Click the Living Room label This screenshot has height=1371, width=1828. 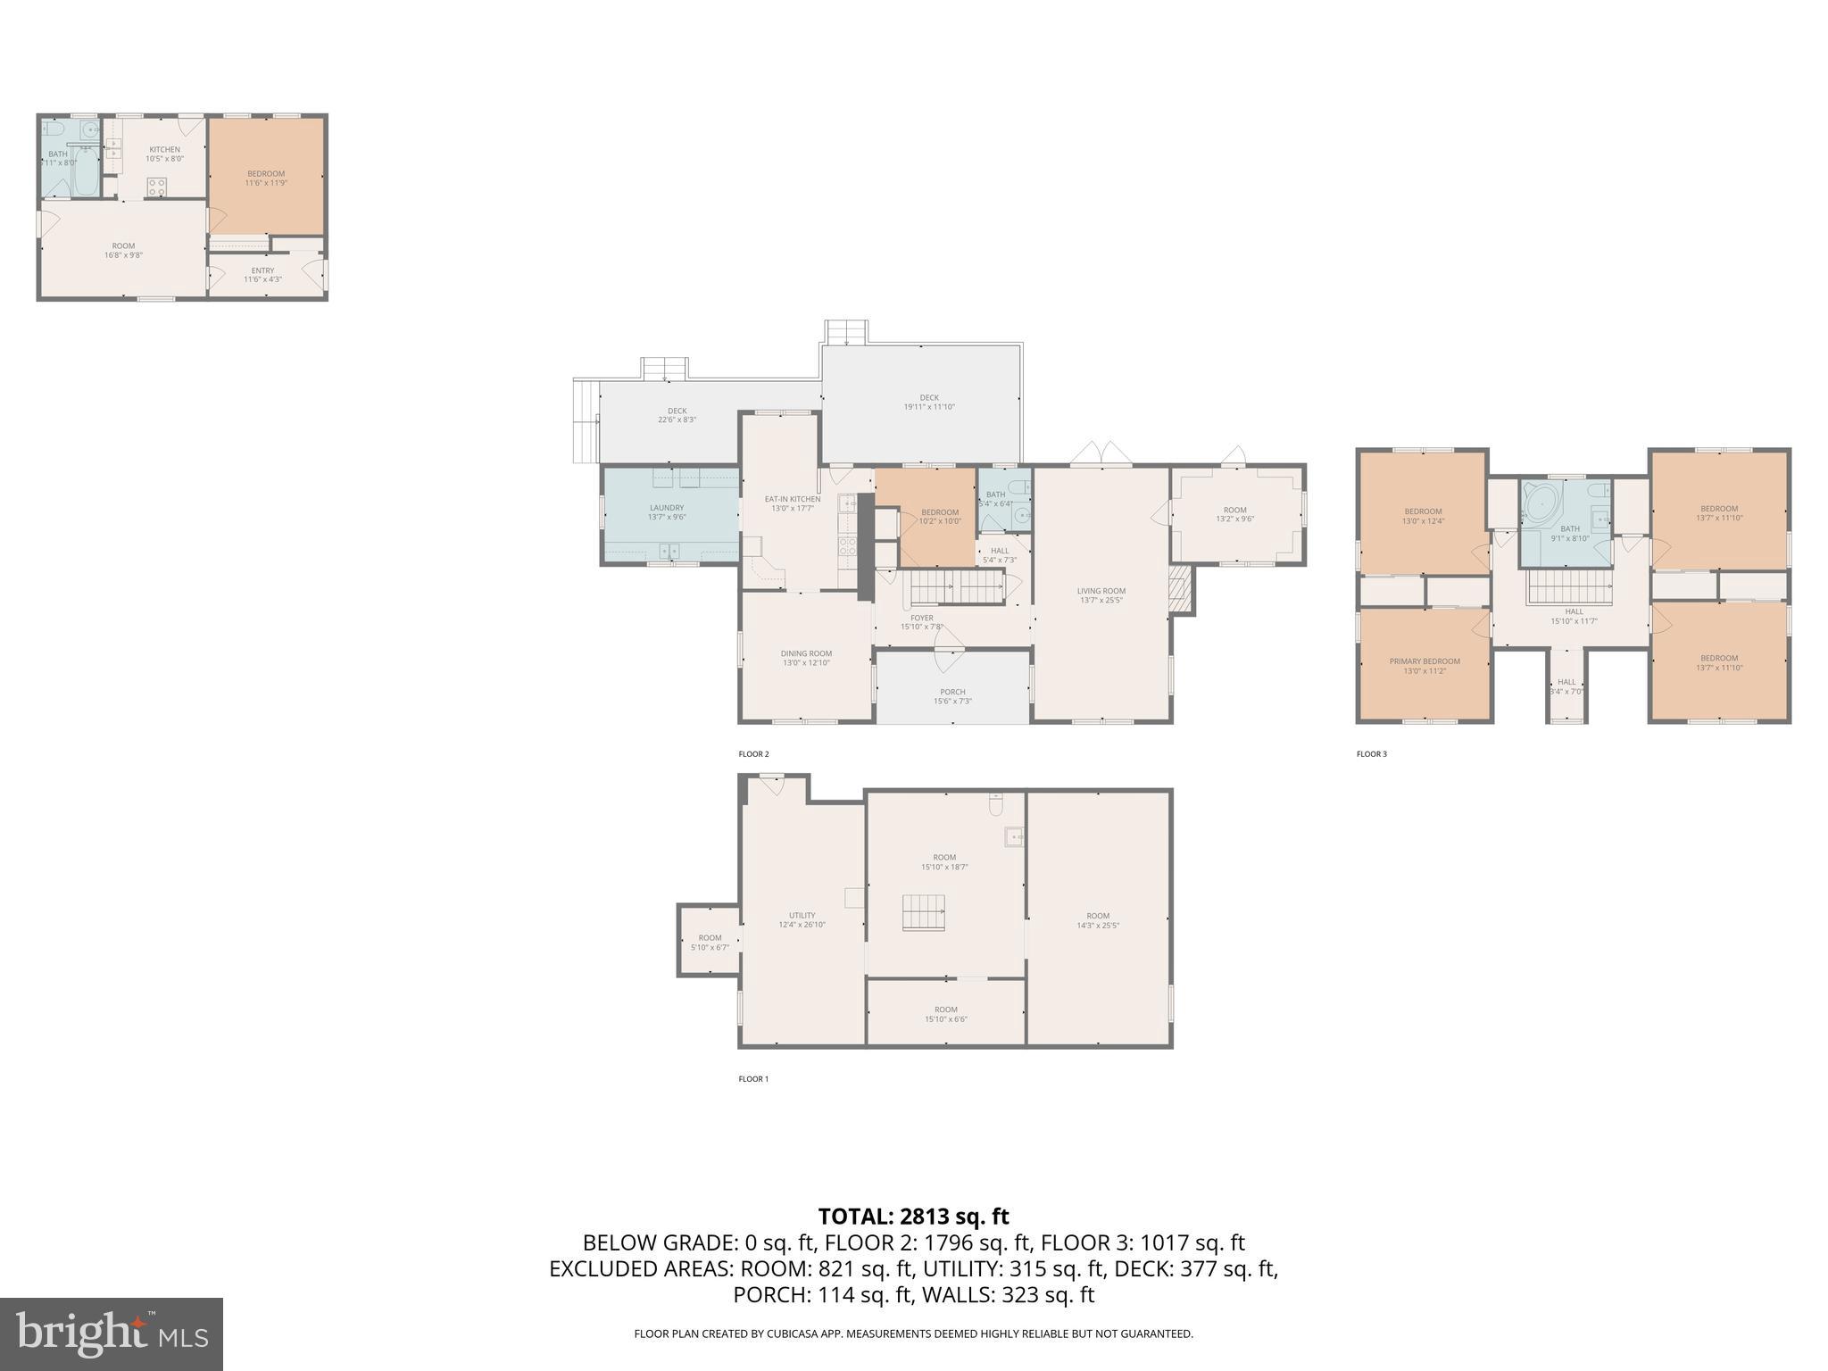coord(1101,595)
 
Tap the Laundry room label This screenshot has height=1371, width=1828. coord(667,512)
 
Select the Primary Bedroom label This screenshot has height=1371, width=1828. coord(1425,666)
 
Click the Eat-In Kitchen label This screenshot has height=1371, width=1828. coord(792,503)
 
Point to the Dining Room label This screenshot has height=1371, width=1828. coord(806,658)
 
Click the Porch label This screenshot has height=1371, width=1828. coord(952,696)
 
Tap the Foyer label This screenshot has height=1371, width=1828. coord(922,622)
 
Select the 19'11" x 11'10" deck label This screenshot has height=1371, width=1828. coord(929,403)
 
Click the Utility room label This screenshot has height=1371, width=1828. coord(802,919)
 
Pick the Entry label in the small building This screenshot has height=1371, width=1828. coord(262,275)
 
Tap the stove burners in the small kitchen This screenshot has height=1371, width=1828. coord(156,187)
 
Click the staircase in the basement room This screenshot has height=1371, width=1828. coord(923,913)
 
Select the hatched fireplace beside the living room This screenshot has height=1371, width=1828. coord(1181,589)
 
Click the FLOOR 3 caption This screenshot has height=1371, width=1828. coord(1372,754)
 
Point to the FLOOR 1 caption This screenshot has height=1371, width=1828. coord(753,1079)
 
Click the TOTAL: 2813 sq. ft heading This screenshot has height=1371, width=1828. coord(913,1217)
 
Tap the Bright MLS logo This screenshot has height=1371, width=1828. coord(111,1334)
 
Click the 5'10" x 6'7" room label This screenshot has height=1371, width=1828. coord(710,943)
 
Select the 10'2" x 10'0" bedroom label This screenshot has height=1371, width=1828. coord(940,517)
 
